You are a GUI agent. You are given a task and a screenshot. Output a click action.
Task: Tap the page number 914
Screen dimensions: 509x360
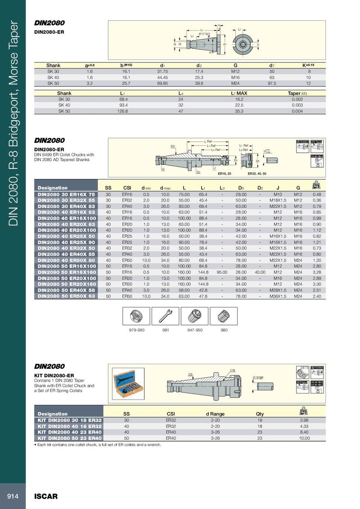tap(13, 496)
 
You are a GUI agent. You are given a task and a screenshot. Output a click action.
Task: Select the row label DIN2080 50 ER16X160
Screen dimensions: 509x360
tap(67, 272)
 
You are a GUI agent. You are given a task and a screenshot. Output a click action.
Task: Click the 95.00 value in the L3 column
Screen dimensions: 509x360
tap(222, 272)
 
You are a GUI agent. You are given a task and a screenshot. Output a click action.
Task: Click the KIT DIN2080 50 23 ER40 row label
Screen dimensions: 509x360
tap(69, 438)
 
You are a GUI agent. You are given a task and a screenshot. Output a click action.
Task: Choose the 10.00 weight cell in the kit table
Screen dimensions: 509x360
tap(305, 438)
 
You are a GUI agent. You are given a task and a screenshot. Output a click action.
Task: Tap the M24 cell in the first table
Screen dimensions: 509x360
tap(235, 84)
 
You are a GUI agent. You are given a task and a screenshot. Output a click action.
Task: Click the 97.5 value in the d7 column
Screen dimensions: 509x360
tap(272, 84)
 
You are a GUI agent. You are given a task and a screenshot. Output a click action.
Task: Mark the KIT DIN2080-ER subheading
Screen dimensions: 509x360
tap(54, 375)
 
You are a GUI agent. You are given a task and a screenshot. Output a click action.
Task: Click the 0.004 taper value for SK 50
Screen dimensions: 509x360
tap(297, 111)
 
